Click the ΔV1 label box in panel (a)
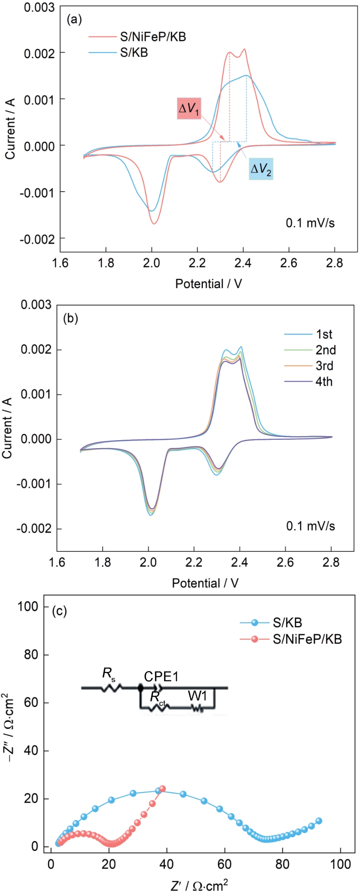[x=189, y=108]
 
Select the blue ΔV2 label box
[x=261, y=169]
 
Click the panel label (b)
[x=70, y=319]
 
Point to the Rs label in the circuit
[x=108, y=673]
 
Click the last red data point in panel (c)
[x=162, y=789]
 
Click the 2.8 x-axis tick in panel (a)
[x=334, y=262]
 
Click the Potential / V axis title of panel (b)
[x=205, y=583]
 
